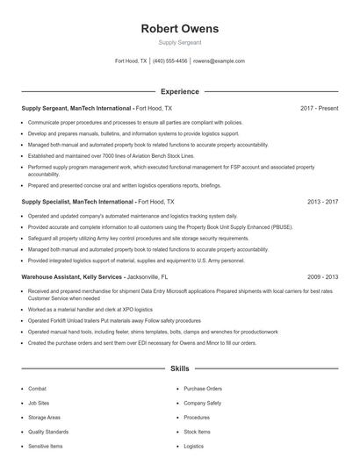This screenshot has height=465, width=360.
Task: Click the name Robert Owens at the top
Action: [180, 29]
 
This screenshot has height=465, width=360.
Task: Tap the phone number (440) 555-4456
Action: [170, 61]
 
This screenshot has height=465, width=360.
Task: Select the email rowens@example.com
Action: [219, 61]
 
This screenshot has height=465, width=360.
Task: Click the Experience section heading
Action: [180, 91]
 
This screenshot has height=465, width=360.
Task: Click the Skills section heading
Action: [180, 368]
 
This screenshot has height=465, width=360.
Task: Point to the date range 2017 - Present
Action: [319, 108]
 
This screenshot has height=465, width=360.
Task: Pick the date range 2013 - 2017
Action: [322, 201]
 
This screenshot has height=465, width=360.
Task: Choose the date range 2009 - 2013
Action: [322, 275]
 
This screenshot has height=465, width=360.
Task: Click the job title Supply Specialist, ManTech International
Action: [77, 201]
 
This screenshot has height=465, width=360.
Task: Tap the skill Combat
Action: [37, 388]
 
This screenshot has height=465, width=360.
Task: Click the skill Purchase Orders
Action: [203, 388]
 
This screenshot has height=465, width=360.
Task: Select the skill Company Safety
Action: [202, 403]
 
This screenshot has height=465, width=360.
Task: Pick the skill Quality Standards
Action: [47, 432]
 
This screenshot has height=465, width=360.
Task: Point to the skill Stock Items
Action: [197, 432]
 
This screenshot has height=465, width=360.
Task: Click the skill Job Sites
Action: [39, 403]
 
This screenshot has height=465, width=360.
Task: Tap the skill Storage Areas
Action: [44, 418]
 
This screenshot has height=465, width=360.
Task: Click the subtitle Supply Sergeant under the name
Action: [180, 42]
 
